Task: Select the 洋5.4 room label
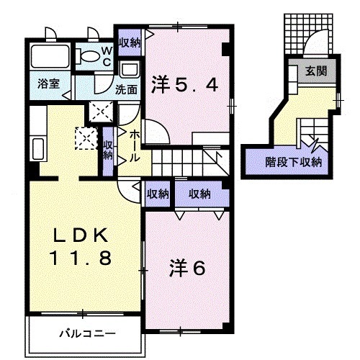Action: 184,86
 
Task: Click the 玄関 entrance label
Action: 315,71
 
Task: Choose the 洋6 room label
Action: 188,268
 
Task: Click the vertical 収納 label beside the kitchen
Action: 108,150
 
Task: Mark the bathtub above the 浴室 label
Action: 50,57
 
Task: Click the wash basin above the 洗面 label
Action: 130,71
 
